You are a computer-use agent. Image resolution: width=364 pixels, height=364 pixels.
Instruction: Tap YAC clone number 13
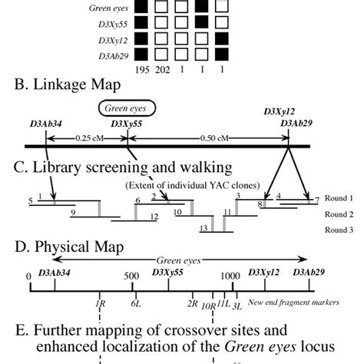click(x=204, y=228)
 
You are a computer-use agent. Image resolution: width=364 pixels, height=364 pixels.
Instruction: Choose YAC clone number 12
click(x=154, y=217)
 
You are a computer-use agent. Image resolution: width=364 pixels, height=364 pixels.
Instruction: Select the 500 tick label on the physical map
click(x=131, y=276)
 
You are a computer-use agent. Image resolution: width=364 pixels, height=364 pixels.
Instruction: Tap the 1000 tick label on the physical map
click(x=228, y=276)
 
